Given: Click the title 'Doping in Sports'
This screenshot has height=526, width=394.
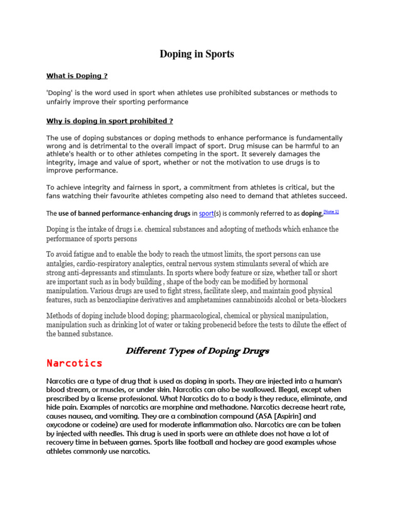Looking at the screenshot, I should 197,54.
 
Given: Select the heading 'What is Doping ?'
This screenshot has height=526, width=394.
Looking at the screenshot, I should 77,76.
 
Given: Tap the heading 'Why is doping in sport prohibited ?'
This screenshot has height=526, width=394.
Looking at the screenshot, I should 110,121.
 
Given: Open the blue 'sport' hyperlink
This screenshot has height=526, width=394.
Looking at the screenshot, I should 206,213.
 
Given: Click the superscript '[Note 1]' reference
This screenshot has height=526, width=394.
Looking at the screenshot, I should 331,212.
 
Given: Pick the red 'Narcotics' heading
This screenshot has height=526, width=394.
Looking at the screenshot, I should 74,364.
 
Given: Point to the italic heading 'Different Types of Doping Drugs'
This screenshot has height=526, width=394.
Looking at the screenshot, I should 198,351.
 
